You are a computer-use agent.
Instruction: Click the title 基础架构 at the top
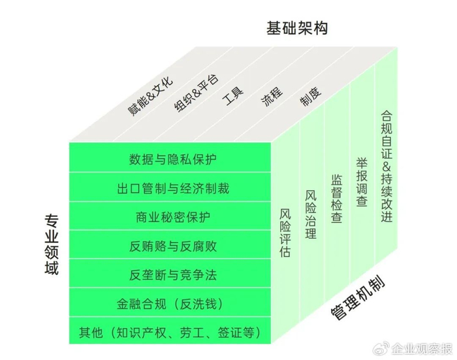pyautogui.click(x=296, y=28)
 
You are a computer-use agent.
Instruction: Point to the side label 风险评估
pyautogui.click(x=285, y=231)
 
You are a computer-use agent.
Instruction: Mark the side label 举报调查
pyautogui.click(x=361, y=182)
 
